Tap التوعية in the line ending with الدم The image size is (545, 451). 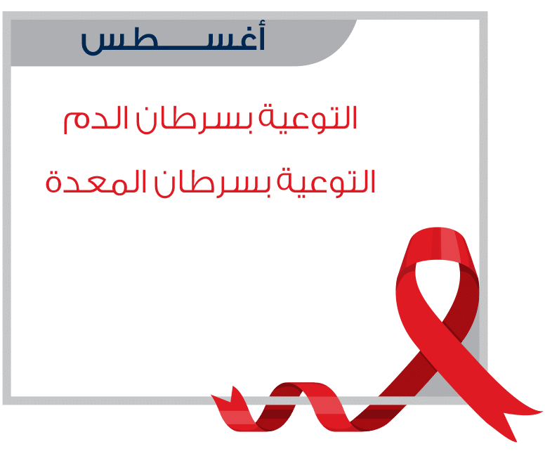point(308,118)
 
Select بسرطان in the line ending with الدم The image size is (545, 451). point(195,119)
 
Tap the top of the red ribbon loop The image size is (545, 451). point(439,233)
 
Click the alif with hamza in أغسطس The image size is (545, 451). point(261,34)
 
